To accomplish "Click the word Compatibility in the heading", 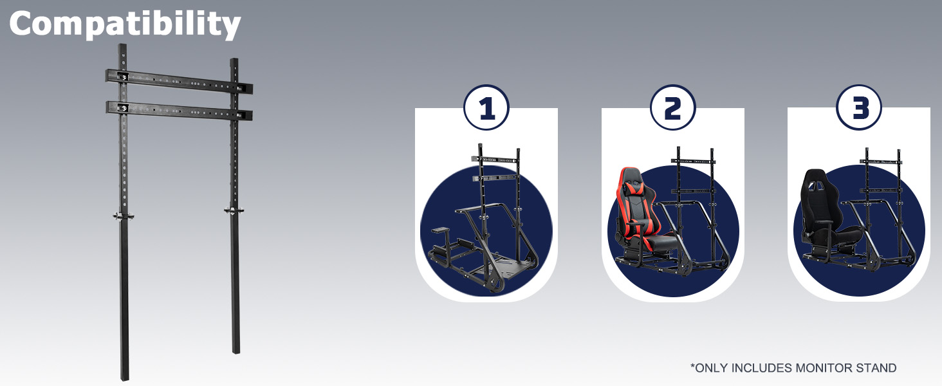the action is [x=124, y=24].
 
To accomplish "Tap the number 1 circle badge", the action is [x=486, y=107].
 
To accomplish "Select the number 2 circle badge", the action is [x=672, y=107].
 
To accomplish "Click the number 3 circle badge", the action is [x=859, y=107].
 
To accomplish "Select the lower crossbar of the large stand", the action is [x=179, y=110].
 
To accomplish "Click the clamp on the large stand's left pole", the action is [x=123, y=216].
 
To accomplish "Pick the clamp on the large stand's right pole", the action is [x=235, y=210].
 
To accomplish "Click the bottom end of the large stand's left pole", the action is [x=124, y=380].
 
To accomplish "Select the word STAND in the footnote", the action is [x=876, y=368].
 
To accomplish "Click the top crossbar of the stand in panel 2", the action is [x=693, y=161].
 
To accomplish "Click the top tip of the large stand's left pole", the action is [x=122, y=44].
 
